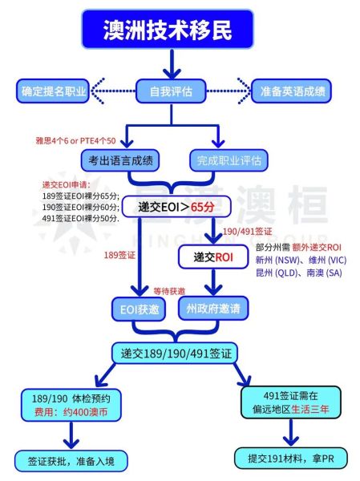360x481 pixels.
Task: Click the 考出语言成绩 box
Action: [115, 160]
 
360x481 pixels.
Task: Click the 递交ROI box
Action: [212, 257]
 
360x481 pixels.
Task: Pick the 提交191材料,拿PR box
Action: [289, 457]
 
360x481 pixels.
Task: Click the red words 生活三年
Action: [321, 408]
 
